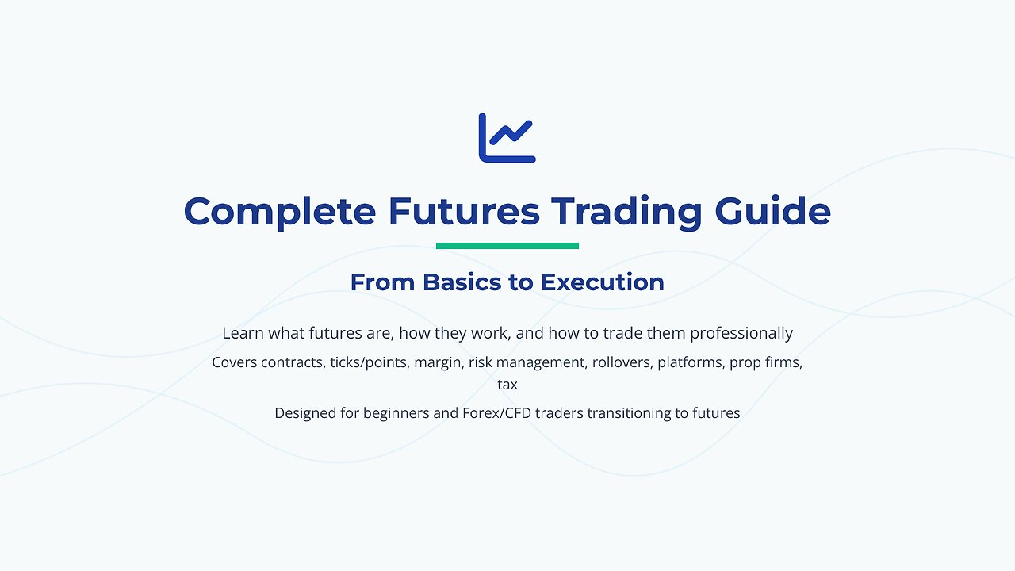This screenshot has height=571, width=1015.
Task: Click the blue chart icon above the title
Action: click(507, 138)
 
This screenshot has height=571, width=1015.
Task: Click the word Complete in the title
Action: click(280, 212)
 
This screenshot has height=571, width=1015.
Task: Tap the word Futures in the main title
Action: click(464, 212)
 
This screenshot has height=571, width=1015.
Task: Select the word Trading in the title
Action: click(626, 212)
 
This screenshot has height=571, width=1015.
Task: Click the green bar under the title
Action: click(507, 246)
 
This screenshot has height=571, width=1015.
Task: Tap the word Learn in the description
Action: click(243, 333)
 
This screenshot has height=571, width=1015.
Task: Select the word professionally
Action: click(741, 333)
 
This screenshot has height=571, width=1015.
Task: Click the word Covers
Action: click(236, 363)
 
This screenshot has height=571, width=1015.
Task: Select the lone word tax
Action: click(507, 385)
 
